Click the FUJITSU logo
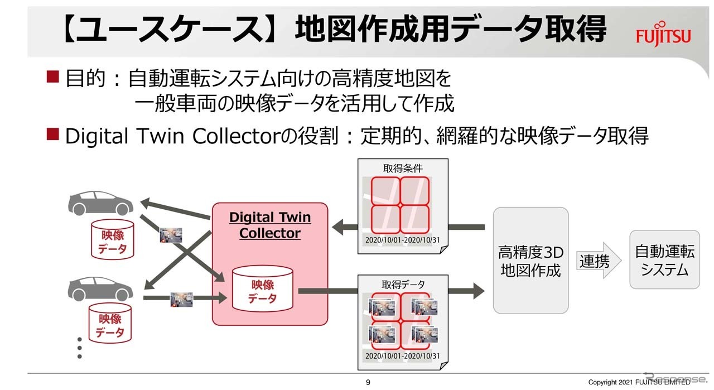(x=663, y=35)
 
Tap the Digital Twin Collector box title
(x=270, y=225)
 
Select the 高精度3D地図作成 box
(x=530, y=261)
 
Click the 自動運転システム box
(x=664, y=259)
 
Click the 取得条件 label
(x=402, y=168)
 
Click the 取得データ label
(x=402, y=285)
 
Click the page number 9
(x=368, y=382)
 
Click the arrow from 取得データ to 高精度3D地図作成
(x=466, y=290)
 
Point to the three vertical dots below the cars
(x=79, y=348)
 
